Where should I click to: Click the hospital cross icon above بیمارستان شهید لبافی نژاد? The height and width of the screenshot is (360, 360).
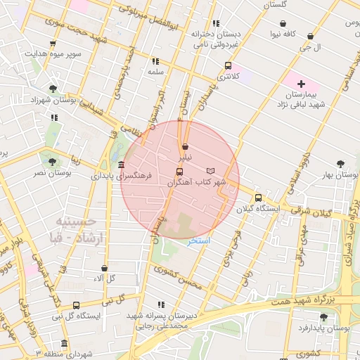coord(302,84)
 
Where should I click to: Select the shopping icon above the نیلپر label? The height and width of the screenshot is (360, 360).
coord(185,147)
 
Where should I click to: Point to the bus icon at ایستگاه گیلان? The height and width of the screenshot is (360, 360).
coord(258,198)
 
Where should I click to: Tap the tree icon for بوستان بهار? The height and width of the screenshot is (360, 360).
coord(341,162)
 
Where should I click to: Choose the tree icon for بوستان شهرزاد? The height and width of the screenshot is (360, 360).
coord(53,89)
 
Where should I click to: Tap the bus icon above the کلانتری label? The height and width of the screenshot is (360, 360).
coord(227,65)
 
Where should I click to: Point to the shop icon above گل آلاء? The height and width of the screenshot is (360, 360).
coord(104,269)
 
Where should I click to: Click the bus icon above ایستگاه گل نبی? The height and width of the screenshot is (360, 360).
coord(76,305)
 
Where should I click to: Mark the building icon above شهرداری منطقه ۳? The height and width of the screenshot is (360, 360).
coord(65,344)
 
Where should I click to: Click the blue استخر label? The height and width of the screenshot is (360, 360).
coord(201,240)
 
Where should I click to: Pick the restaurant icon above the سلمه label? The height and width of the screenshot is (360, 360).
coord(155,61)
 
